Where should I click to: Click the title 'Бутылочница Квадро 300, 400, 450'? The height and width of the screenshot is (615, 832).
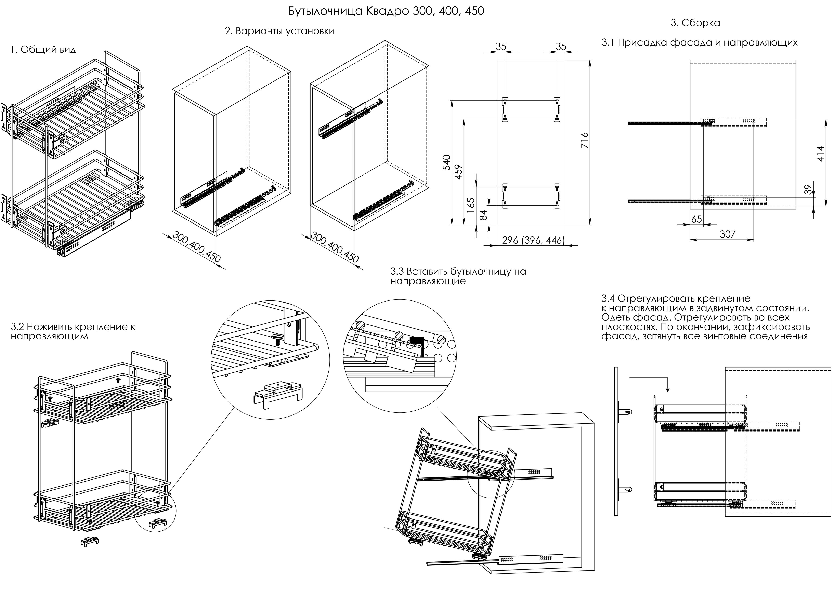point(386,11)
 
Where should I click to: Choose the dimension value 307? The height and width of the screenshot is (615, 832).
point(727,234)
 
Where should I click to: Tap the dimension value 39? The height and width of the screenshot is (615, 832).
point(807,190)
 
